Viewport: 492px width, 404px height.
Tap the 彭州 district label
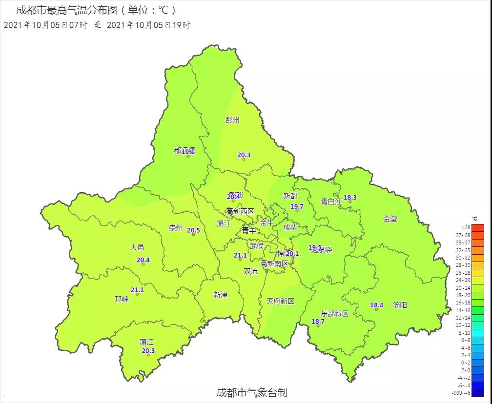point(232,120)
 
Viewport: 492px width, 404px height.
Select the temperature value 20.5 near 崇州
point(194,230)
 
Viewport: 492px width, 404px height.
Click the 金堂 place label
point(390,219)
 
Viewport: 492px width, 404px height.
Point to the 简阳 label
point(400,305)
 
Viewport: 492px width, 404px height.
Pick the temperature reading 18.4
point(376,305)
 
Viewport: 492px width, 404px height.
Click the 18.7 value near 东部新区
point(318,322)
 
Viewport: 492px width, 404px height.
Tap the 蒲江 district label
point(146,343)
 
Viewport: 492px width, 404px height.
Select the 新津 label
point(221,295)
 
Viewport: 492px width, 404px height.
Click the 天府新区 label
point(281,301)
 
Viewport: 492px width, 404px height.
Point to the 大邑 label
point(137,247)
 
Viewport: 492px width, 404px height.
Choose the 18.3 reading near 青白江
point(350,198)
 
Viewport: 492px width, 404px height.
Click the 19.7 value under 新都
point(297,206)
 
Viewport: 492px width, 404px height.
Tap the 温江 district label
point(224,224)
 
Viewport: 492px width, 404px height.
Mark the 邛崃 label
point(122,299)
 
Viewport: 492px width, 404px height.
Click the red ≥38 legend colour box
point(478,228)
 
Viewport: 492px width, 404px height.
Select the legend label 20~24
point(463,288)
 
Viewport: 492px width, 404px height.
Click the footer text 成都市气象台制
point(251,392)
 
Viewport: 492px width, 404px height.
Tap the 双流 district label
point(251,271)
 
